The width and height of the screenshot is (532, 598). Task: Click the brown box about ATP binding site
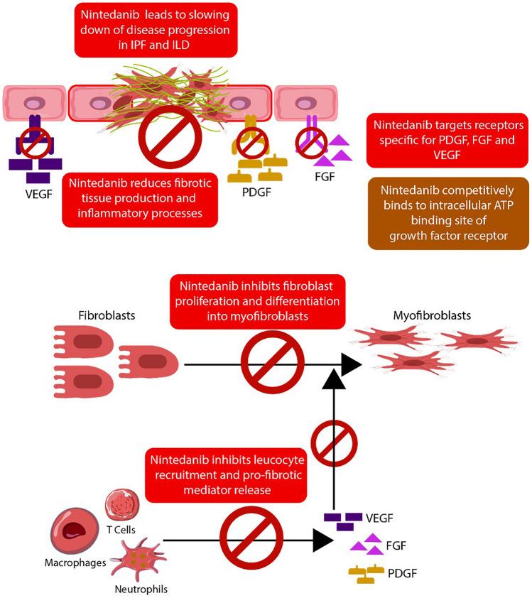(x=448, y=214)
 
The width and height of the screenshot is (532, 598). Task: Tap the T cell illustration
(x=121, y=506)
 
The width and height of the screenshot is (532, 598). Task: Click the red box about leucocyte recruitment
(x=225, y=474)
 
